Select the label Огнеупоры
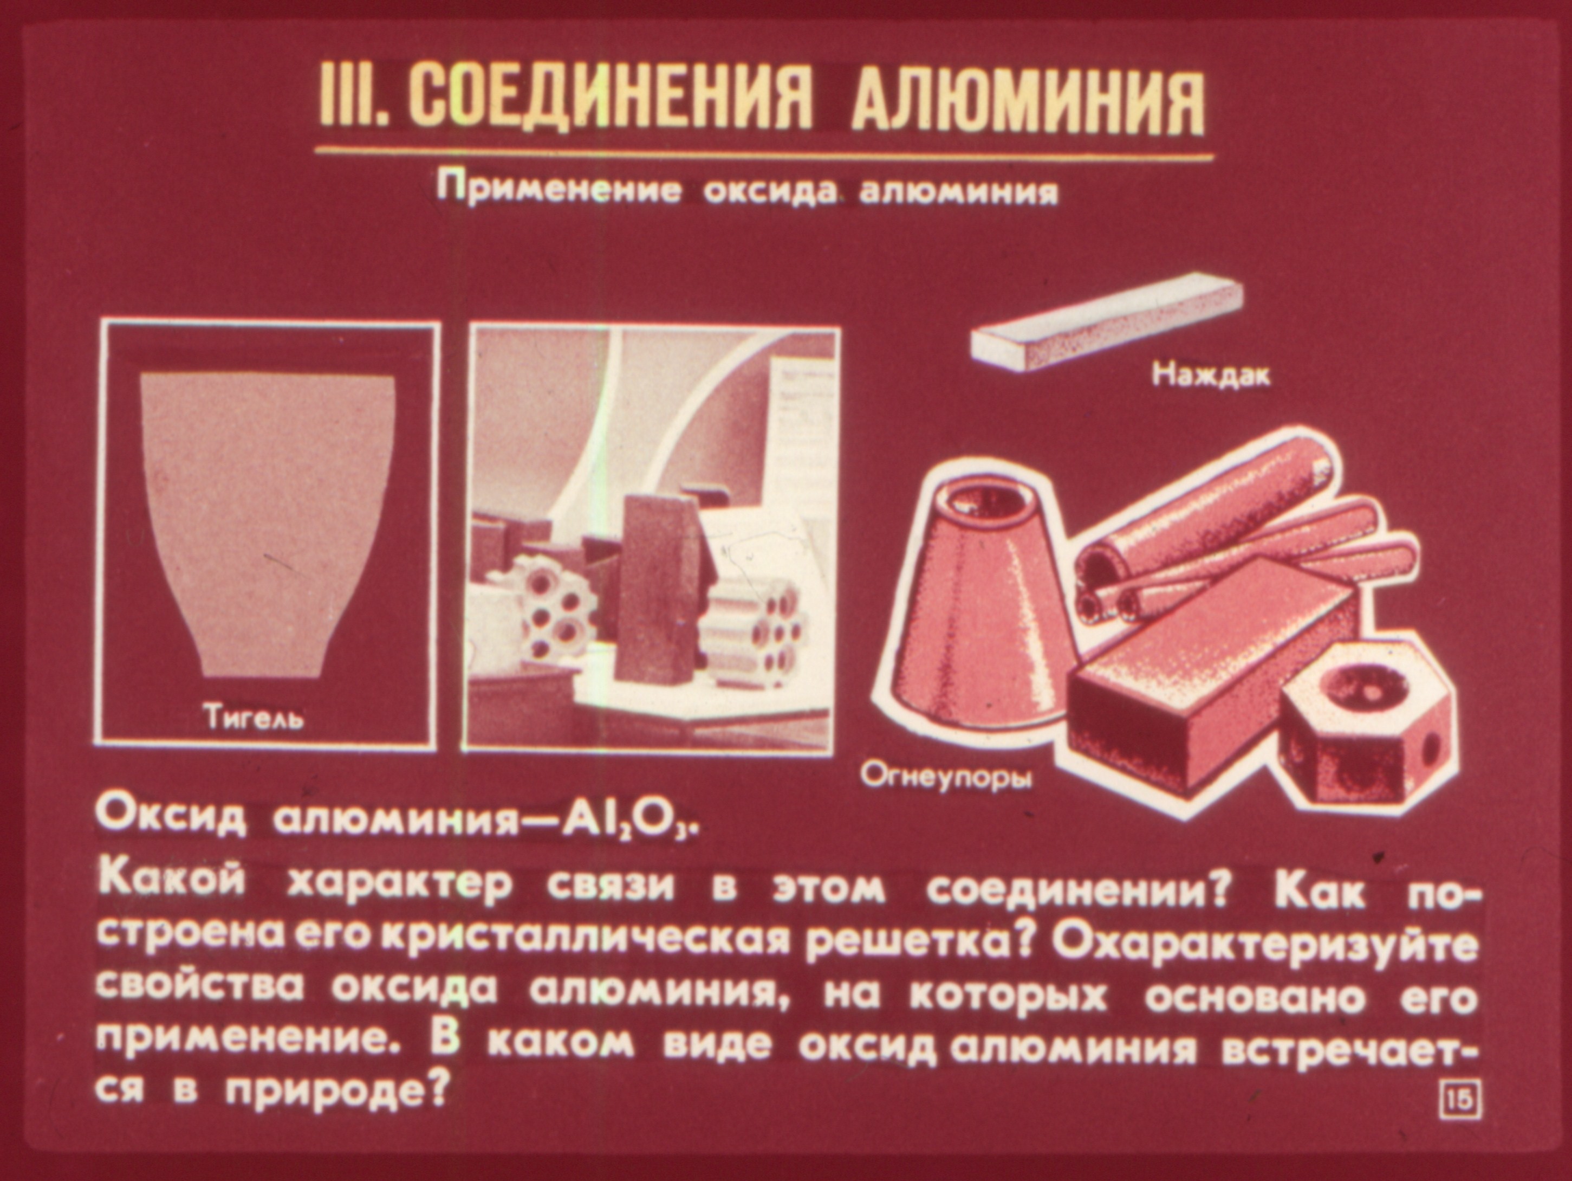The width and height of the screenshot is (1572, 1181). [946, 777]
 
